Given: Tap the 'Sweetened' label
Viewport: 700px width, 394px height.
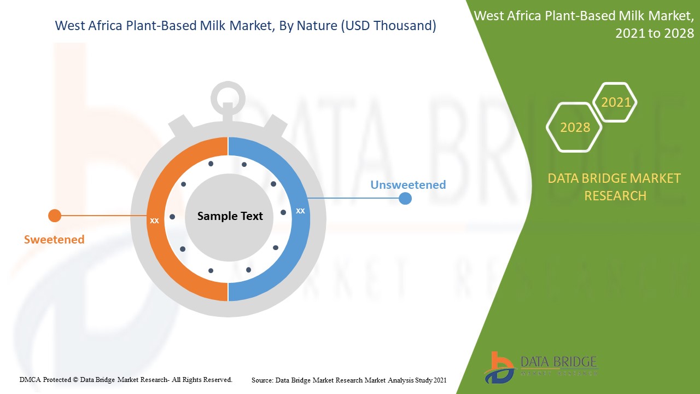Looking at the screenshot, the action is pos(54,240).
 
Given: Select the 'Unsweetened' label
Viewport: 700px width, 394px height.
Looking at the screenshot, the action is pos(408,184).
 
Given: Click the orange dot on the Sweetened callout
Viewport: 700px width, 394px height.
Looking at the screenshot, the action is pos(55,216).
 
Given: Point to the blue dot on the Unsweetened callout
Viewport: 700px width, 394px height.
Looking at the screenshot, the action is pos(405,198).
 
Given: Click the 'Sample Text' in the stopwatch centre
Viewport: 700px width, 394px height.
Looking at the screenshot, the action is pos(230,216).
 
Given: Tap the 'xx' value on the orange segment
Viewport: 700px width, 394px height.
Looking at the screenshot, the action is pos(154,221).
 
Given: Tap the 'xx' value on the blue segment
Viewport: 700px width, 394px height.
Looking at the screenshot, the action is pos(300,211).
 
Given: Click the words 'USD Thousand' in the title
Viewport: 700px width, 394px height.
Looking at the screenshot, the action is pos(388,26).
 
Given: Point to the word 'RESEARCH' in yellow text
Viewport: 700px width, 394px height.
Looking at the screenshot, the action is pos(615,196).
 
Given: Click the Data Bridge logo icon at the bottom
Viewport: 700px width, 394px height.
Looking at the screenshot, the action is pos(499,368).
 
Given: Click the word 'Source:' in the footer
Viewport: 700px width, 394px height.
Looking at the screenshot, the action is pos(262,380).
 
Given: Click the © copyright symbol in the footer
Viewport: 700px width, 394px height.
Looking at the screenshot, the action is pos(75,380).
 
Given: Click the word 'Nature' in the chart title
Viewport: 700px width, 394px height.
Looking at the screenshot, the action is pos(317,26).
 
